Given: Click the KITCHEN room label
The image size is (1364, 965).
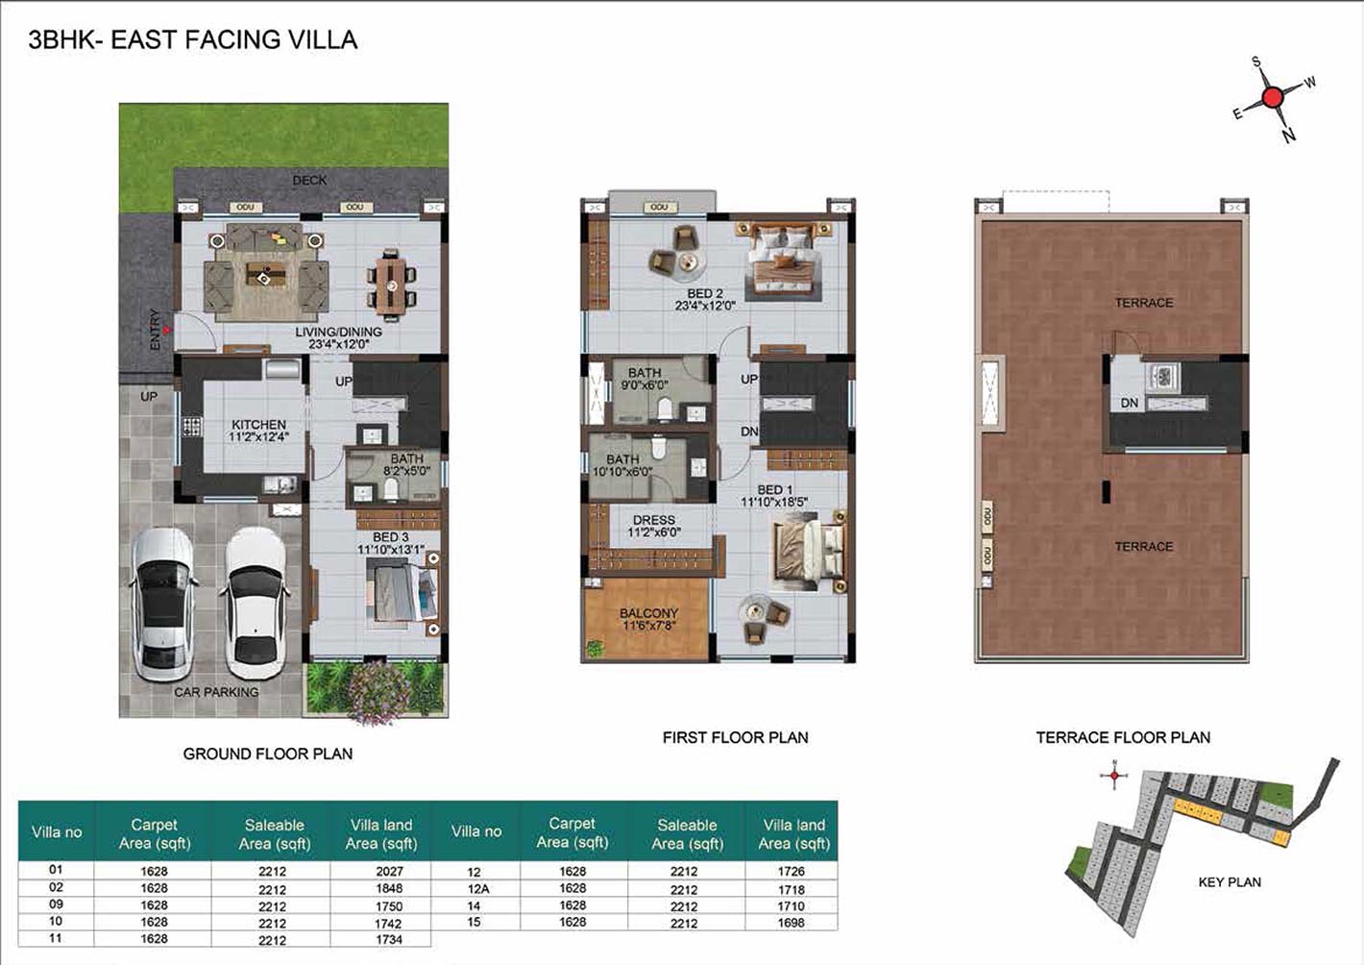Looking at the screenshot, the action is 258,425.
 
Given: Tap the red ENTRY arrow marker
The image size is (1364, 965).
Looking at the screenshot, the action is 165,331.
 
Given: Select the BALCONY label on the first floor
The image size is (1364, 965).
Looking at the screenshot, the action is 648,613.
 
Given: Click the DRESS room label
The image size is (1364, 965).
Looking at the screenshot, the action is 654,520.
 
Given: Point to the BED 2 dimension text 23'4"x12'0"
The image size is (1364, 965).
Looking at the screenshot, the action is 705,306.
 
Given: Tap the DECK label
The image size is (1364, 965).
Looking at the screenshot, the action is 309,181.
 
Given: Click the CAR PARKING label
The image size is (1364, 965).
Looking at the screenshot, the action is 216,692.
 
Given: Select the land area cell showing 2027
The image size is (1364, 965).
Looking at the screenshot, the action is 389,871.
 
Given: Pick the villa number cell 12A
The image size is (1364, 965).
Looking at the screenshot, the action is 478,889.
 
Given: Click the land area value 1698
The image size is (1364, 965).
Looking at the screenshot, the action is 791,923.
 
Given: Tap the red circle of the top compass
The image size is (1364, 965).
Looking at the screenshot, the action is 1272,97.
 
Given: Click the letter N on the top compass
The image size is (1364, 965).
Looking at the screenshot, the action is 1288,136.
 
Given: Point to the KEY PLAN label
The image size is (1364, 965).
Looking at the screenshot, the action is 1230,882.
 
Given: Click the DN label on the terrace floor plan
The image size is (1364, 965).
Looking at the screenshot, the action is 1130,404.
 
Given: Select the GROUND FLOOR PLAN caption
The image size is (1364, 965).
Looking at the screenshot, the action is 268,754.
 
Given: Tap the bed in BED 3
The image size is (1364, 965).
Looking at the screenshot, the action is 402,594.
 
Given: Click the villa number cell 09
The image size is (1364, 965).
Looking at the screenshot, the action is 56,904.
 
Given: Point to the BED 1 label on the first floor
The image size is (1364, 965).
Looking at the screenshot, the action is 774,490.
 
